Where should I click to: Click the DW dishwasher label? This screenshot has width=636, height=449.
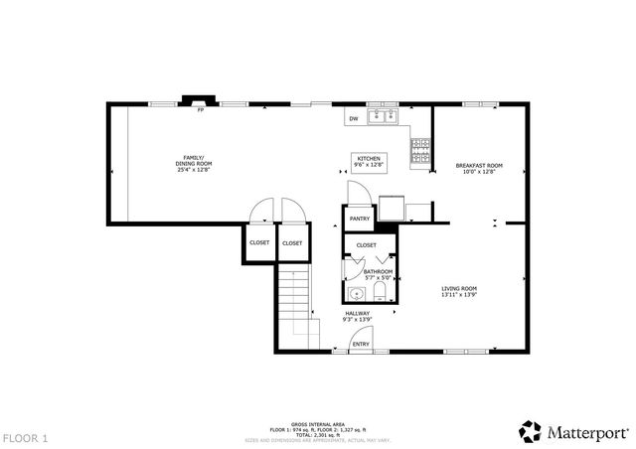(x=353, y=119)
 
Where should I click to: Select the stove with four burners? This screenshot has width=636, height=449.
(x=420, y=148)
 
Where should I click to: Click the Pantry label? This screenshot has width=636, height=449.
(x=360, y=219)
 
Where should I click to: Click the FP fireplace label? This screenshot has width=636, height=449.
(x=200, y=110)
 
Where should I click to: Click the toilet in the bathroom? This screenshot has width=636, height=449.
(x=381, y=291)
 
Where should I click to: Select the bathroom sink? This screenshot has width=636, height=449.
(x=356, y=294)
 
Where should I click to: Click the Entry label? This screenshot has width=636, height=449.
(x=361, y=345)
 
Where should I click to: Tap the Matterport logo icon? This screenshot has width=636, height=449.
(x=531, y=431)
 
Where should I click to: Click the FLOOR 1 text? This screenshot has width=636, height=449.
(x=25, y=437)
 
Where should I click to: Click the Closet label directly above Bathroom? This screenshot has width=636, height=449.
(x=366, y=244)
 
